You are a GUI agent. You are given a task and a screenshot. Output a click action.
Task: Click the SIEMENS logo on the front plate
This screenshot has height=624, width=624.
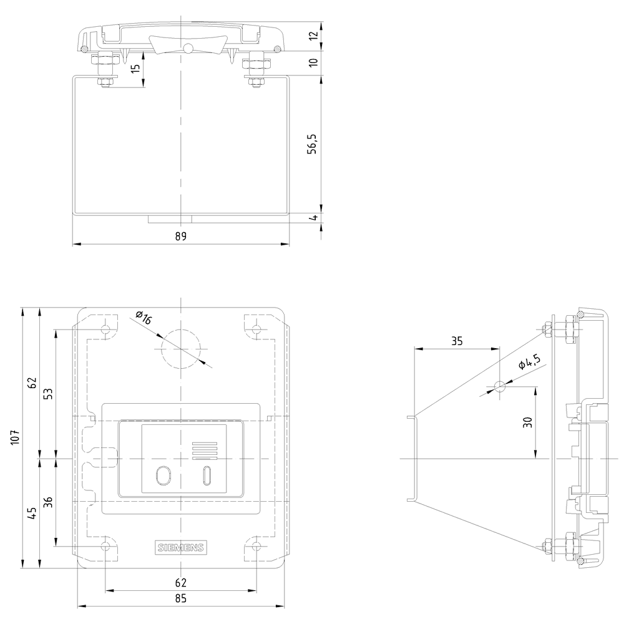pos(180,547)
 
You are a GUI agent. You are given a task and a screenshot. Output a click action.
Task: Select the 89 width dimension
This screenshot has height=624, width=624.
pos(181,236)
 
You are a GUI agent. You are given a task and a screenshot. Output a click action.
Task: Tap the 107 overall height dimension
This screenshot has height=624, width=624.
pos(16,437)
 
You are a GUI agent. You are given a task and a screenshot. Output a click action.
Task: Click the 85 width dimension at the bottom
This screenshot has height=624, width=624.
pos(180,599)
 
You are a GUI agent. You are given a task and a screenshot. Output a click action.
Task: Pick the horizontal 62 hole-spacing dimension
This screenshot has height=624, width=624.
pos(180,583)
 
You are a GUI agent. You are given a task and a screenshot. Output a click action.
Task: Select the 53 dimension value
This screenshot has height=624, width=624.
pos(49,393)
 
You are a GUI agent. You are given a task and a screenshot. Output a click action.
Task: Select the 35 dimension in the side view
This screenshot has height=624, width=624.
pos(457,341)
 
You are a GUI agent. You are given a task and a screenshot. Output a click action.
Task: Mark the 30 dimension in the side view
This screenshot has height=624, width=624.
pos(528,422)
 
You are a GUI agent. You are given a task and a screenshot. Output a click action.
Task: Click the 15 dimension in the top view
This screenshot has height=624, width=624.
pos(135,69)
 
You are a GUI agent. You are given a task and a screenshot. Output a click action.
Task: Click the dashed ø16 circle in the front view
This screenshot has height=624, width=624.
pos(180,348)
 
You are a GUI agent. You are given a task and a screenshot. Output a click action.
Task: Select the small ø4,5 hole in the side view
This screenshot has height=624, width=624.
pos(499,386)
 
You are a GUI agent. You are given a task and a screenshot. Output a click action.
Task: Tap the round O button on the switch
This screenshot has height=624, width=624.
pos(163,475)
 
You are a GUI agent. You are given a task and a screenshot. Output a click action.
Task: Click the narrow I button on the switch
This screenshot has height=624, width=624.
pos(207,475)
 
